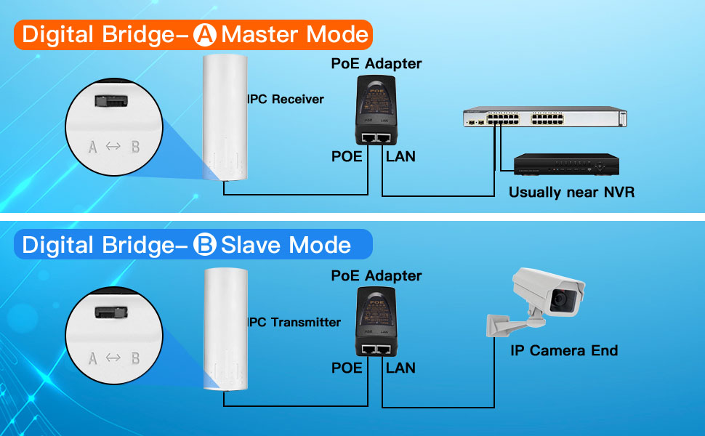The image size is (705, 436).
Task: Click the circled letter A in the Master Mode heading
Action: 207,35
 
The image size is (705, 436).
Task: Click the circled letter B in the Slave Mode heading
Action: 206,245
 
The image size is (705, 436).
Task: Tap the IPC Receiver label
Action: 286,99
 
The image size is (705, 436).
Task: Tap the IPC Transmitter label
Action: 294,322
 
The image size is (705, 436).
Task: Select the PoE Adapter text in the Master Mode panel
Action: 376,63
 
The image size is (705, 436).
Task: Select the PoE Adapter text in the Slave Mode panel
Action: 376,275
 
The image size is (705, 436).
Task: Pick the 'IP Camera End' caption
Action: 564,351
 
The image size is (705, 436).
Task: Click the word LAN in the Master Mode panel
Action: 400,156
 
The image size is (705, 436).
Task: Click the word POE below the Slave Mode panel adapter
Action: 347,368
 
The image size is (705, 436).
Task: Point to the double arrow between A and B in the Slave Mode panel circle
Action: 113,358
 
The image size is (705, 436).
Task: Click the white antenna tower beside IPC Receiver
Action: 226,116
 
